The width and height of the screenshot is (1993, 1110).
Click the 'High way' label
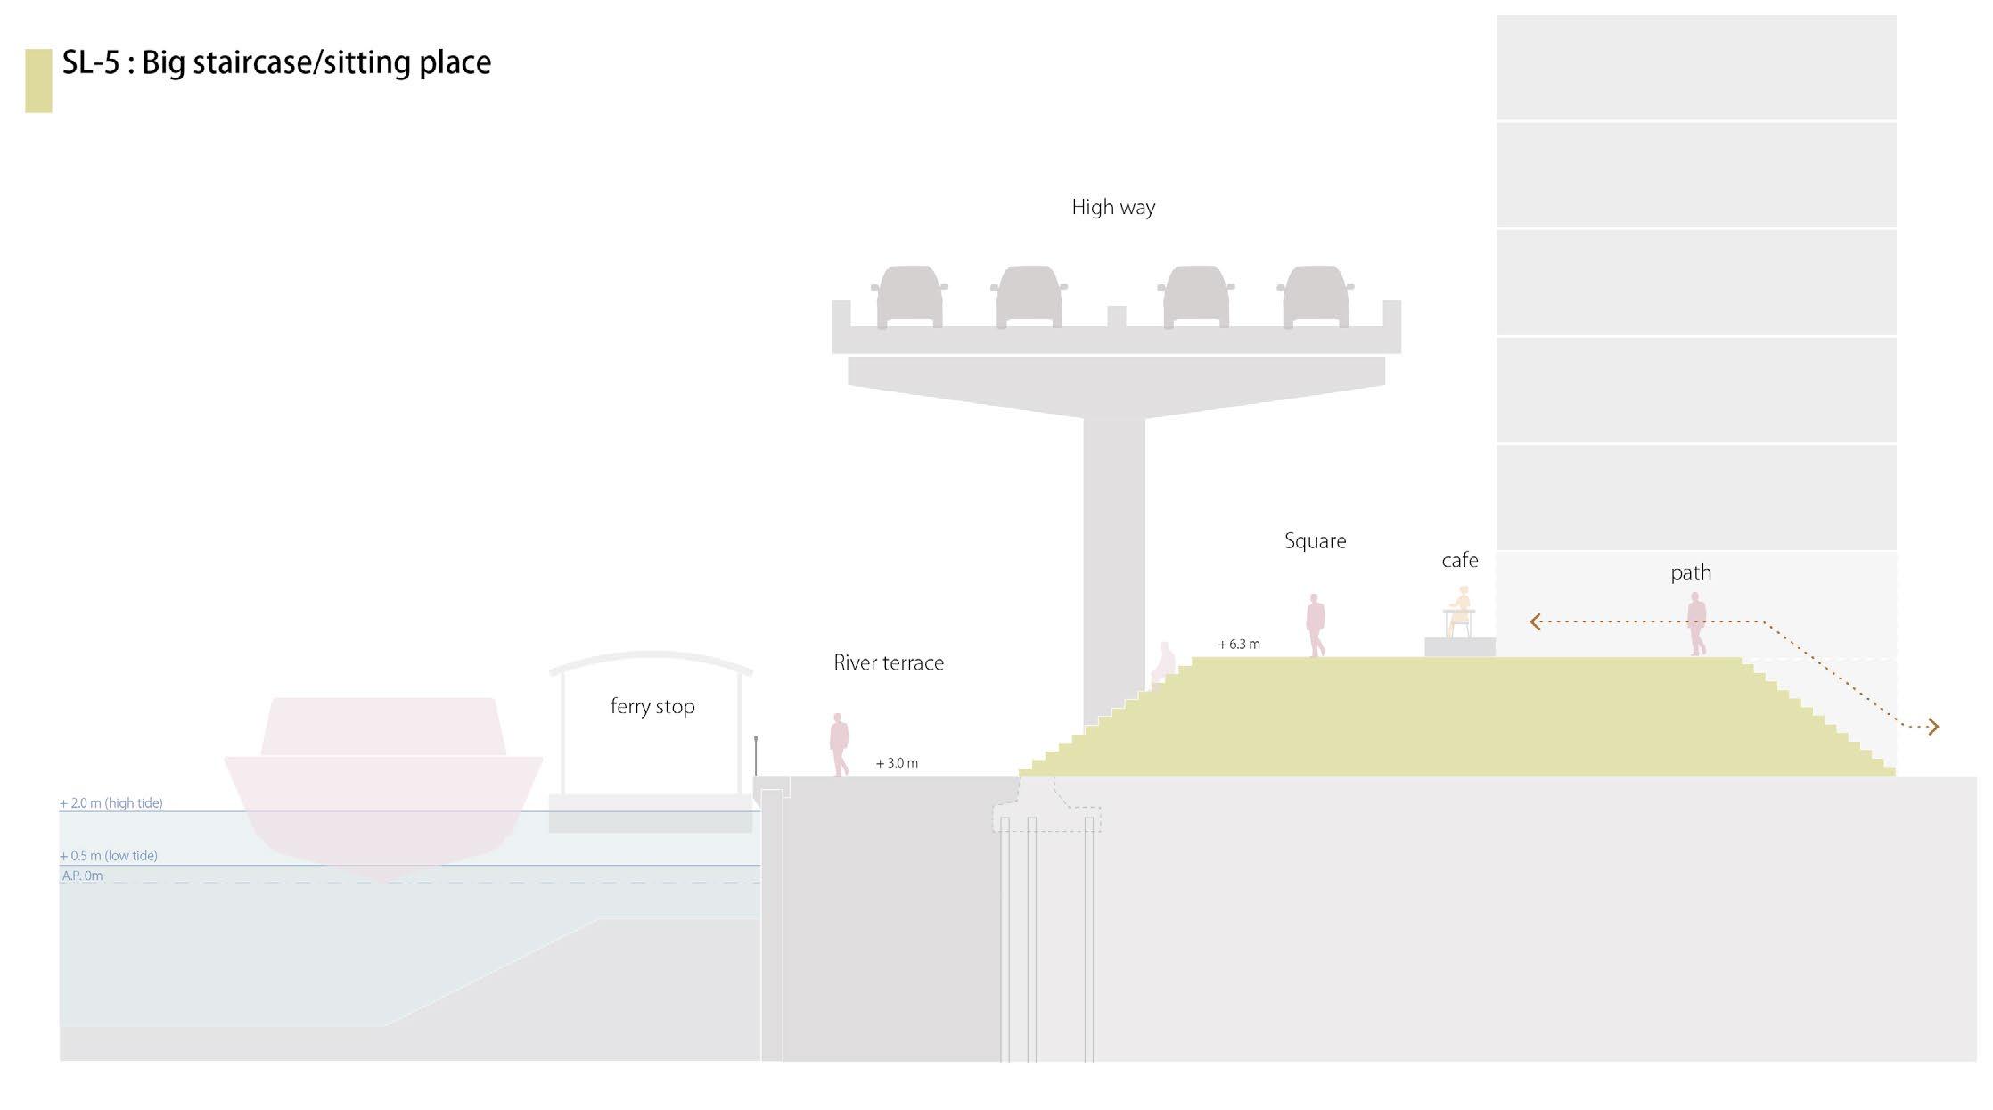(x=1113, y=208)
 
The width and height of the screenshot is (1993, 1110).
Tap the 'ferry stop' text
(x=652, y=707)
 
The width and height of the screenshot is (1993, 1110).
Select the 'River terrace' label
(x=889, y=663)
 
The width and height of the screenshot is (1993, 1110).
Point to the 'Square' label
(x=1315, y=541)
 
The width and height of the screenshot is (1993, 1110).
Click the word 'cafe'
(x=1459, y=561)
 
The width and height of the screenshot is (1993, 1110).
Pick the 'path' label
(x=1690, y=573)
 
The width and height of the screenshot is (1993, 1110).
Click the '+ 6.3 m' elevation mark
(x=1239, y=645)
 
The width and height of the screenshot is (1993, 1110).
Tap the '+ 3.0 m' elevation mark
(x=897, y=763)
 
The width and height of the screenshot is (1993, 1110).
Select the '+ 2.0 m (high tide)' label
(x=111, y=803)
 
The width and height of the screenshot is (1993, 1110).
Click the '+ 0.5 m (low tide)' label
(x=109, y=856)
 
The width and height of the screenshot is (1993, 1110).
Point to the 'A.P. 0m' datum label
(x=82, y=876)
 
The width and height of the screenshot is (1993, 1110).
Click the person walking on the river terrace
(x=839, y=744)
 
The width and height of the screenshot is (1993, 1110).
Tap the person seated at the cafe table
(x=1459, y=610)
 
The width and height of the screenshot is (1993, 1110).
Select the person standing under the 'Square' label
(x=1316, y=625)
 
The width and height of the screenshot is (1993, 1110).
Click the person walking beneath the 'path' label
(x=1696, y=624)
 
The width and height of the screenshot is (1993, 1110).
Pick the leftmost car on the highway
(x=909, y=297)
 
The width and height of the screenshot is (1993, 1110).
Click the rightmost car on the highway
(x=1315, y=297)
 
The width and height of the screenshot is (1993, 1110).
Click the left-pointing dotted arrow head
(x=1535, y=621)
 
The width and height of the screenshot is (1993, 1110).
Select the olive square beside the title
(x=38, y=81)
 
